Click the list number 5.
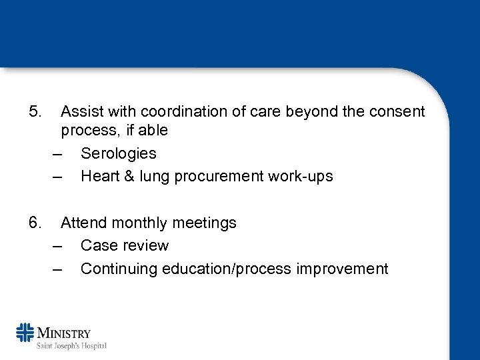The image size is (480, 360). tap(35, 111)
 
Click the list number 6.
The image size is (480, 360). tap(35, 223)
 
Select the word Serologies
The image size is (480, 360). tap(118, 153)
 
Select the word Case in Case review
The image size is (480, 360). tap(98, 245)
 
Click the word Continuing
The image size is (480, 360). tap(119, 269)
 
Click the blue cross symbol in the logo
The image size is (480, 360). tap(25, 334)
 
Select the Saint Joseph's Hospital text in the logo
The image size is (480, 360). tap(72, 345)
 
